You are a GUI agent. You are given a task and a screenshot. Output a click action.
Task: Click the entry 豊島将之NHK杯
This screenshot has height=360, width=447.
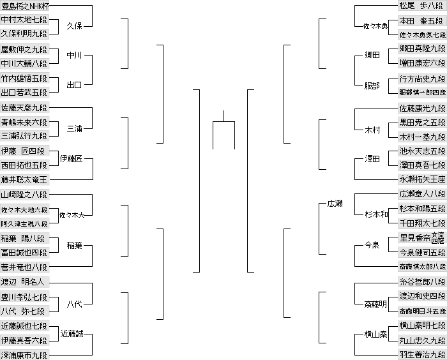pos(25,6)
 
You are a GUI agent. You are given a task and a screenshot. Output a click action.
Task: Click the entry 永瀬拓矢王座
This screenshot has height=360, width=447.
pos(422,180)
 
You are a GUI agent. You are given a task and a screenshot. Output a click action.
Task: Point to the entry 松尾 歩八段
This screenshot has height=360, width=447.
pos(422,6)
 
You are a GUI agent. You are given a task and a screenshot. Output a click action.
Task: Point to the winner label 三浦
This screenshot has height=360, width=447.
pos(74,129)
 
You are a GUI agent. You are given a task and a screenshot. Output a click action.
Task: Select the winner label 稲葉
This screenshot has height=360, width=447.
pos(74,245)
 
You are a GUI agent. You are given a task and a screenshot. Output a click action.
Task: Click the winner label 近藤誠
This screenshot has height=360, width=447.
pos(72,333)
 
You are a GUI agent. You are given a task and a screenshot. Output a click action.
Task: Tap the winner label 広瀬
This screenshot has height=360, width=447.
pos(335,204)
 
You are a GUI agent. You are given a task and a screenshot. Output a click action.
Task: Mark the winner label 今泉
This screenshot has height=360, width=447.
pos(372,245)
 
